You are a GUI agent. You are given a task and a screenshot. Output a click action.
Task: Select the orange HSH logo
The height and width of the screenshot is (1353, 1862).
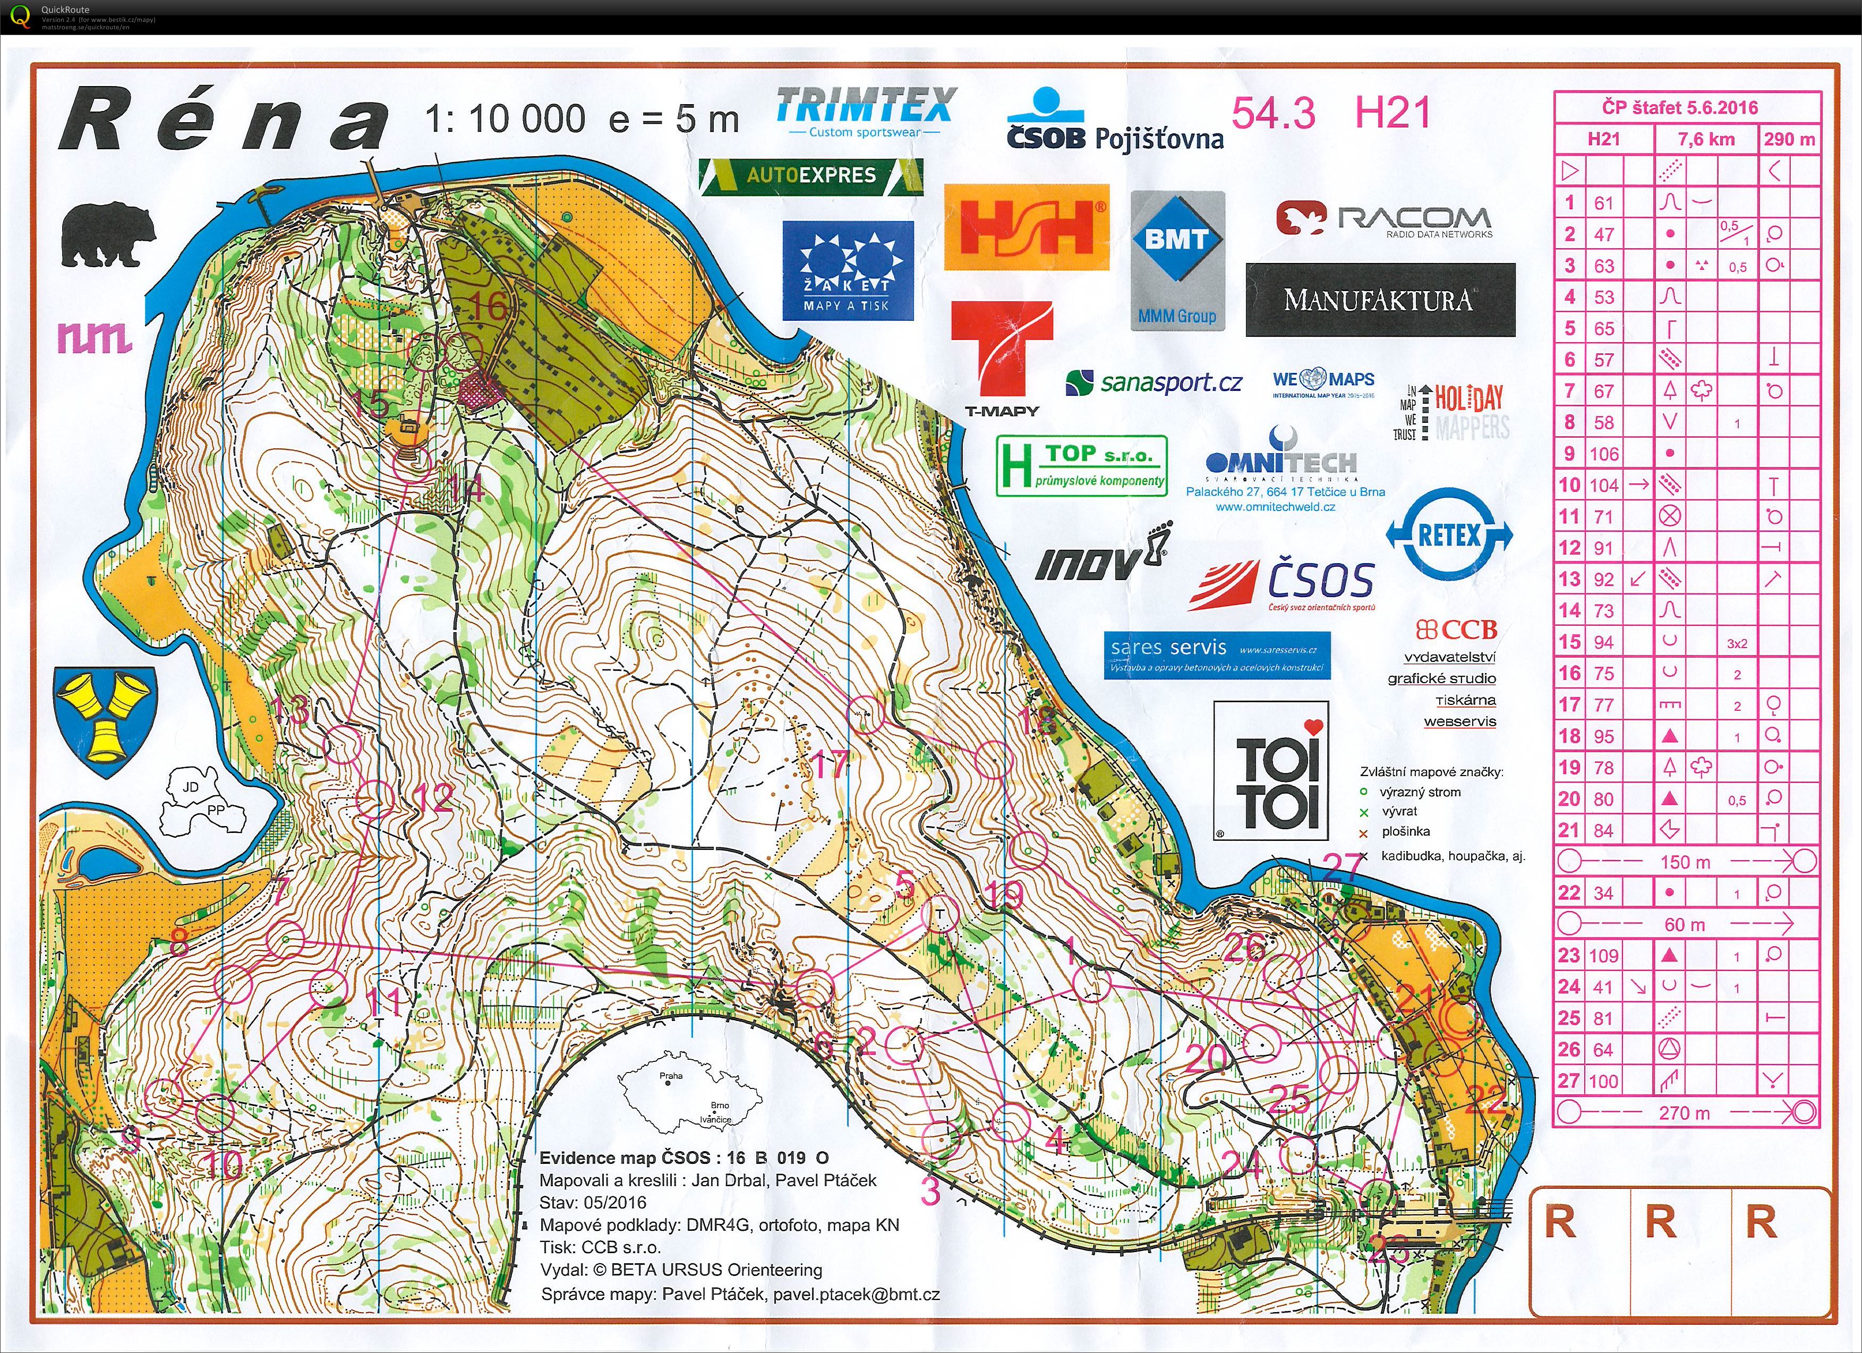1026,227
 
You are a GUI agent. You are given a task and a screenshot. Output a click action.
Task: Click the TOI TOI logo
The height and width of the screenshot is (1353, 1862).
1271,771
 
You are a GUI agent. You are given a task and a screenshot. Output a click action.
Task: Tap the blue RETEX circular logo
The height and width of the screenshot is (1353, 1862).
1449,535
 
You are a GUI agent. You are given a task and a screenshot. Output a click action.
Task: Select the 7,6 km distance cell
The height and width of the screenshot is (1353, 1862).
1705,139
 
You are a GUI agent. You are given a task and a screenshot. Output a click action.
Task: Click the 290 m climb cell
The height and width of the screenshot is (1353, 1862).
1789,139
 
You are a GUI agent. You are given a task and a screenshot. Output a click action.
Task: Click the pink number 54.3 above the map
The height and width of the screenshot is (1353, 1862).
1274,113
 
